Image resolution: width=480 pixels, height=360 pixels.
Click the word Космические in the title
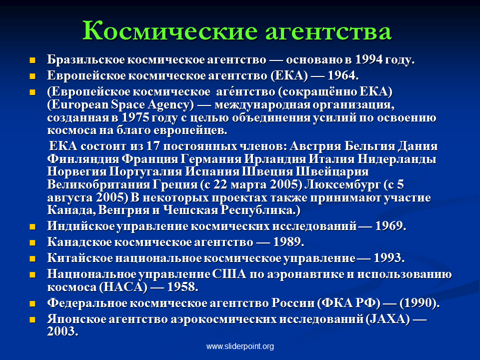point(170,30)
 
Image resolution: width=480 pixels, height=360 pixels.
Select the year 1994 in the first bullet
point(368,59)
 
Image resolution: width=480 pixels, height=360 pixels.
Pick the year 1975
point(135,117)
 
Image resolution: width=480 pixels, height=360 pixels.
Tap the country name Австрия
point(315,146)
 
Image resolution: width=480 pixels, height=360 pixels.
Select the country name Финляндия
point(83,159)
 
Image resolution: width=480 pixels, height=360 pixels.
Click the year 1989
point(286,242)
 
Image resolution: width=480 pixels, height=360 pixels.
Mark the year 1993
point(387,258)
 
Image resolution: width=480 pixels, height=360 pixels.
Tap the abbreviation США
point(229,274)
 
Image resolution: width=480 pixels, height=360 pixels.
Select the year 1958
point(181,287)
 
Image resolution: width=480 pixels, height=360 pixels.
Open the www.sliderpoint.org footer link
point(240,346)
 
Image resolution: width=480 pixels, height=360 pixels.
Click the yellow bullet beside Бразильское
point(32,60)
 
